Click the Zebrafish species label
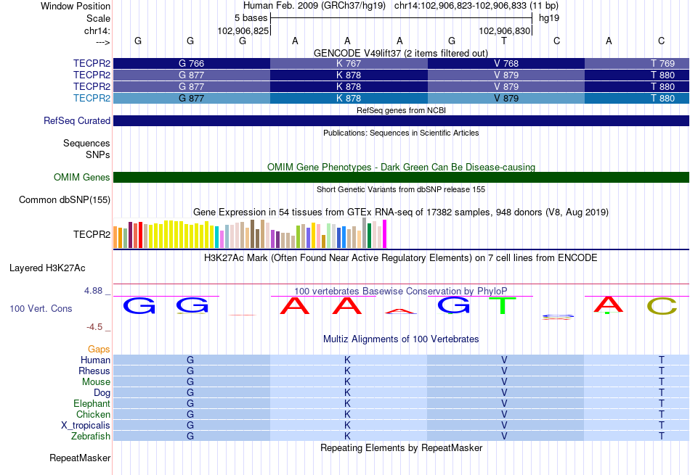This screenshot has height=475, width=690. pyautogui.click(x=91, y=437)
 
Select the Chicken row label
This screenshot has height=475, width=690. pyautogui.click(x=93, y=414)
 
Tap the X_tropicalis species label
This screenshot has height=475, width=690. pyautogui.click(x=86, y=426)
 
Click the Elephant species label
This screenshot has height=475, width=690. pyautogui.click(x=92, y=403)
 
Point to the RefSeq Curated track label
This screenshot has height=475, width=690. pyautogui.click(x=77, y=121)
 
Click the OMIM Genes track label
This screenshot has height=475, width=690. pyautogui.click(x=82, y=177)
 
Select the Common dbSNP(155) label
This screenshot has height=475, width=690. pyautogui.click(x=65, y=200)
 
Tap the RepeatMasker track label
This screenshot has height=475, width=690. pyautogui.click(x=80, y=458)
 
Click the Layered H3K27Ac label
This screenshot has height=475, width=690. pyautogui.click(x=47, y=268)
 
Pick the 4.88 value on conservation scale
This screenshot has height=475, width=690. pyautogui.click(x=93, y=291)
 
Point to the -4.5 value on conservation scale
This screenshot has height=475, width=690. pyautogui.click(x=94, y=327)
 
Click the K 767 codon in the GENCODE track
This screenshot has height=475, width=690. pyautogui.click(x=349, y=64)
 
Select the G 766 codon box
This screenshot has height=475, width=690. pyautogui.click(x=192, y=64)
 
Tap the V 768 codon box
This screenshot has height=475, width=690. pyautogui.click(x=506, y=64)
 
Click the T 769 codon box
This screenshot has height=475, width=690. pyautogui.click(x=637, y=64)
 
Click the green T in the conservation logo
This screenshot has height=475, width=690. pyautogui.click(x=503, y=305)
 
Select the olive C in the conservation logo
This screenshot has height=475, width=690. pyautogui.click(x=662, y=306)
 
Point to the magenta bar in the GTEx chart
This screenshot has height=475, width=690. pyautogui.click(x=385, y=234)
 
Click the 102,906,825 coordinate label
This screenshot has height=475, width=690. pyautogui.click(x=243, y=30)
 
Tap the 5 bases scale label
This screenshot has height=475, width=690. pyautogui.click(x=251, y=18)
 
